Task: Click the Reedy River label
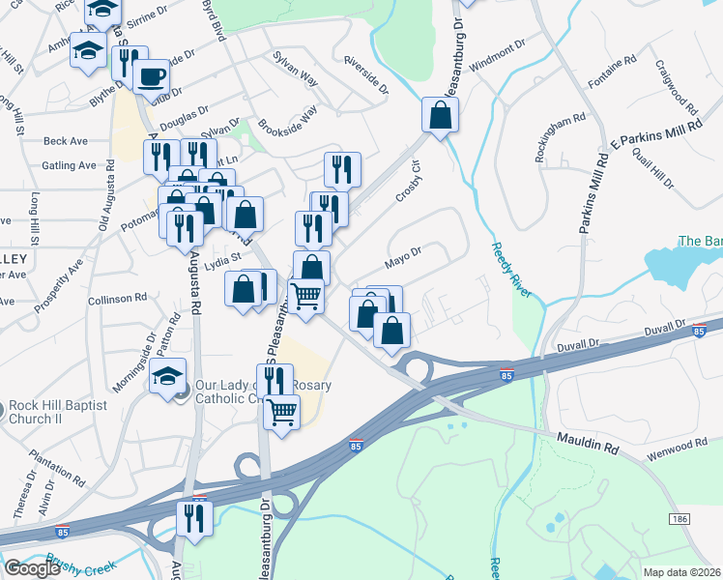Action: (507, 270)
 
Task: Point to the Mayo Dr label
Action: (403, 257)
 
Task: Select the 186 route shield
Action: (680, 519)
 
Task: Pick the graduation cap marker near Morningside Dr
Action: (167, 375)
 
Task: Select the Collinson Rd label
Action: (116, 299)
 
